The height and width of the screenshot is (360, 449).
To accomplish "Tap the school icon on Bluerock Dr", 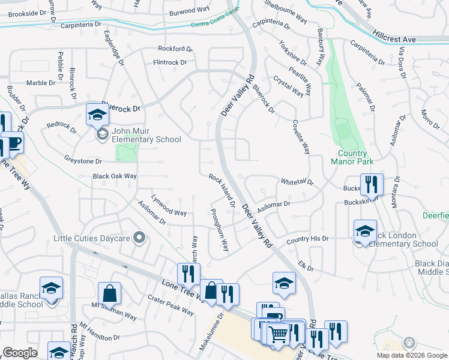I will tap(97, 114).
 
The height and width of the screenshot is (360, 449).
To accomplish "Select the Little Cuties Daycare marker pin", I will tap(140, 238).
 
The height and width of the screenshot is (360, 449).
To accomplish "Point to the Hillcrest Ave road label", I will tap(394, 37).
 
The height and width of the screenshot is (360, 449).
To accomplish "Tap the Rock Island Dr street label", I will tap(222, 190).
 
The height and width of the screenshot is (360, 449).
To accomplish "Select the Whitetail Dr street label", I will tap(297, 181).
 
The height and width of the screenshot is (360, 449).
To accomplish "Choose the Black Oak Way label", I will tap(115, 176).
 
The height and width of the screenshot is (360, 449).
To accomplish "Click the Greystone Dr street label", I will tap(83, 161).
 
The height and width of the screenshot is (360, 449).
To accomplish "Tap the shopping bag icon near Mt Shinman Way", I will tap(110, 295).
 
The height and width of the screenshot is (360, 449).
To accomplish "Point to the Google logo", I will tap(20, 353).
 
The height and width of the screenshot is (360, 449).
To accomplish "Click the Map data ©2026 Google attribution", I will tap(411, 355).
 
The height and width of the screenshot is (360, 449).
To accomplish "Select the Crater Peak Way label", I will tap(170, 304).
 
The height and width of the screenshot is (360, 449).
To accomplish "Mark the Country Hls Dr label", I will tap(308, 239).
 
